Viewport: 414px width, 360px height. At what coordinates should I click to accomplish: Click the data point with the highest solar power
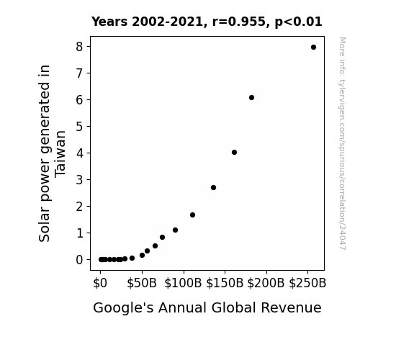313,48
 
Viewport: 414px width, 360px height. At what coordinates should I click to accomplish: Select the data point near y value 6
251,98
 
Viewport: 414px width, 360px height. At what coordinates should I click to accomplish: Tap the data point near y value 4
234,153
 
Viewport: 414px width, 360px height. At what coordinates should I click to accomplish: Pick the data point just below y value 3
214,187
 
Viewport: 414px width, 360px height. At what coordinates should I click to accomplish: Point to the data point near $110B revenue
192,215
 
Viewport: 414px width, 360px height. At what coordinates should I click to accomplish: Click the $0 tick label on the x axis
100,283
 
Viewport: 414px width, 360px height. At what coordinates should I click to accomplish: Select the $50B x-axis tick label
142,283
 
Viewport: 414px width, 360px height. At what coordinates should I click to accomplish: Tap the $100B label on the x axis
183,283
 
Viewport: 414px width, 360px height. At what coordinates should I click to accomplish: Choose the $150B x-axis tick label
225,283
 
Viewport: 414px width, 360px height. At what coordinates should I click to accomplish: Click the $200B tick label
266,283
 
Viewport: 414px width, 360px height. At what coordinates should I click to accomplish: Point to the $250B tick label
307,283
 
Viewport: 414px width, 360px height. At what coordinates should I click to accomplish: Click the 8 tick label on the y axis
79,47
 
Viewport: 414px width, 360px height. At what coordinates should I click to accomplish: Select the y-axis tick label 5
79,127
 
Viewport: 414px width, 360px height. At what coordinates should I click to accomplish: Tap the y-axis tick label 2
79,207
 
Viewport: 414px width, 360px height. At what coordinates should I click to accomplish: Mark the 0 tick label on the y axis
79,260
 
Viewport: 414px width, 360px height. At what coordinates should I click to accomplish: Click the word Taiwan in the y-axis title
60,153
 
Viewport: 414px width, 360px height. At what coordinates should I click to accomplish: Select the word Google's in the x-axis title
123,308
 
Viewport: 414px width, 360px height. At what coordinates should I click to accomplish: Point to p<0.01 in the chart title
298,22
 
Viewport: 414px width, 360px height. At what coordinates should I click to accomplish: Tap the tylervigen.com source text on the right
342,143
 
